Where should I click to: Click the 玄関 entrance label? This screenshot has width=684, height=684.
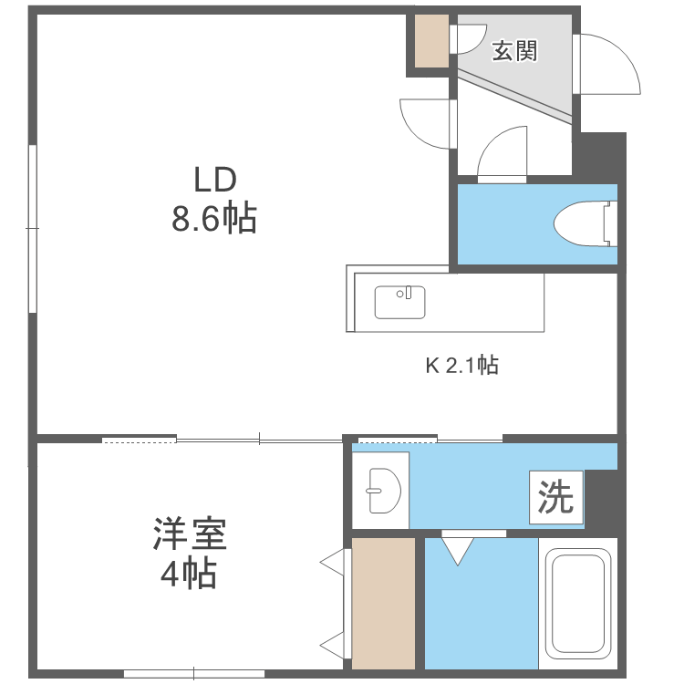(x=514, y=51)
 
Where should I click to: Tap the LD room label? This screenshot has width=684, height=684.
(x=213, y=177)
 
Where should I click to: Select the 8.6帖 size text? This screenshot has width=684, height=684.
(x=213, y=219)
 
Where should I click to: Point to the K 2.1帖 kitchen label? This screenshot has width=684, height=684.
(x=461, y=367)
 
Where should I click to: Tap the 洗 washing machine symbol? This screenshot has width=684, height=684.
(x=555, y=498)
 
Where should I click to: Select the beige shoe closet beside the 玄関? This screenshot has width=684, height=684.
(x=431, y=41)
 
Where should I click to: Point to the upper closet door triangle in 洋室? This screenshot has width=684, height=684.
(x=333, y=563)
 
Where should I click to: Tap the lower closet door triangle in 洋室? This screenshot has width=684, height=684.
(x=333, y=646)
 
